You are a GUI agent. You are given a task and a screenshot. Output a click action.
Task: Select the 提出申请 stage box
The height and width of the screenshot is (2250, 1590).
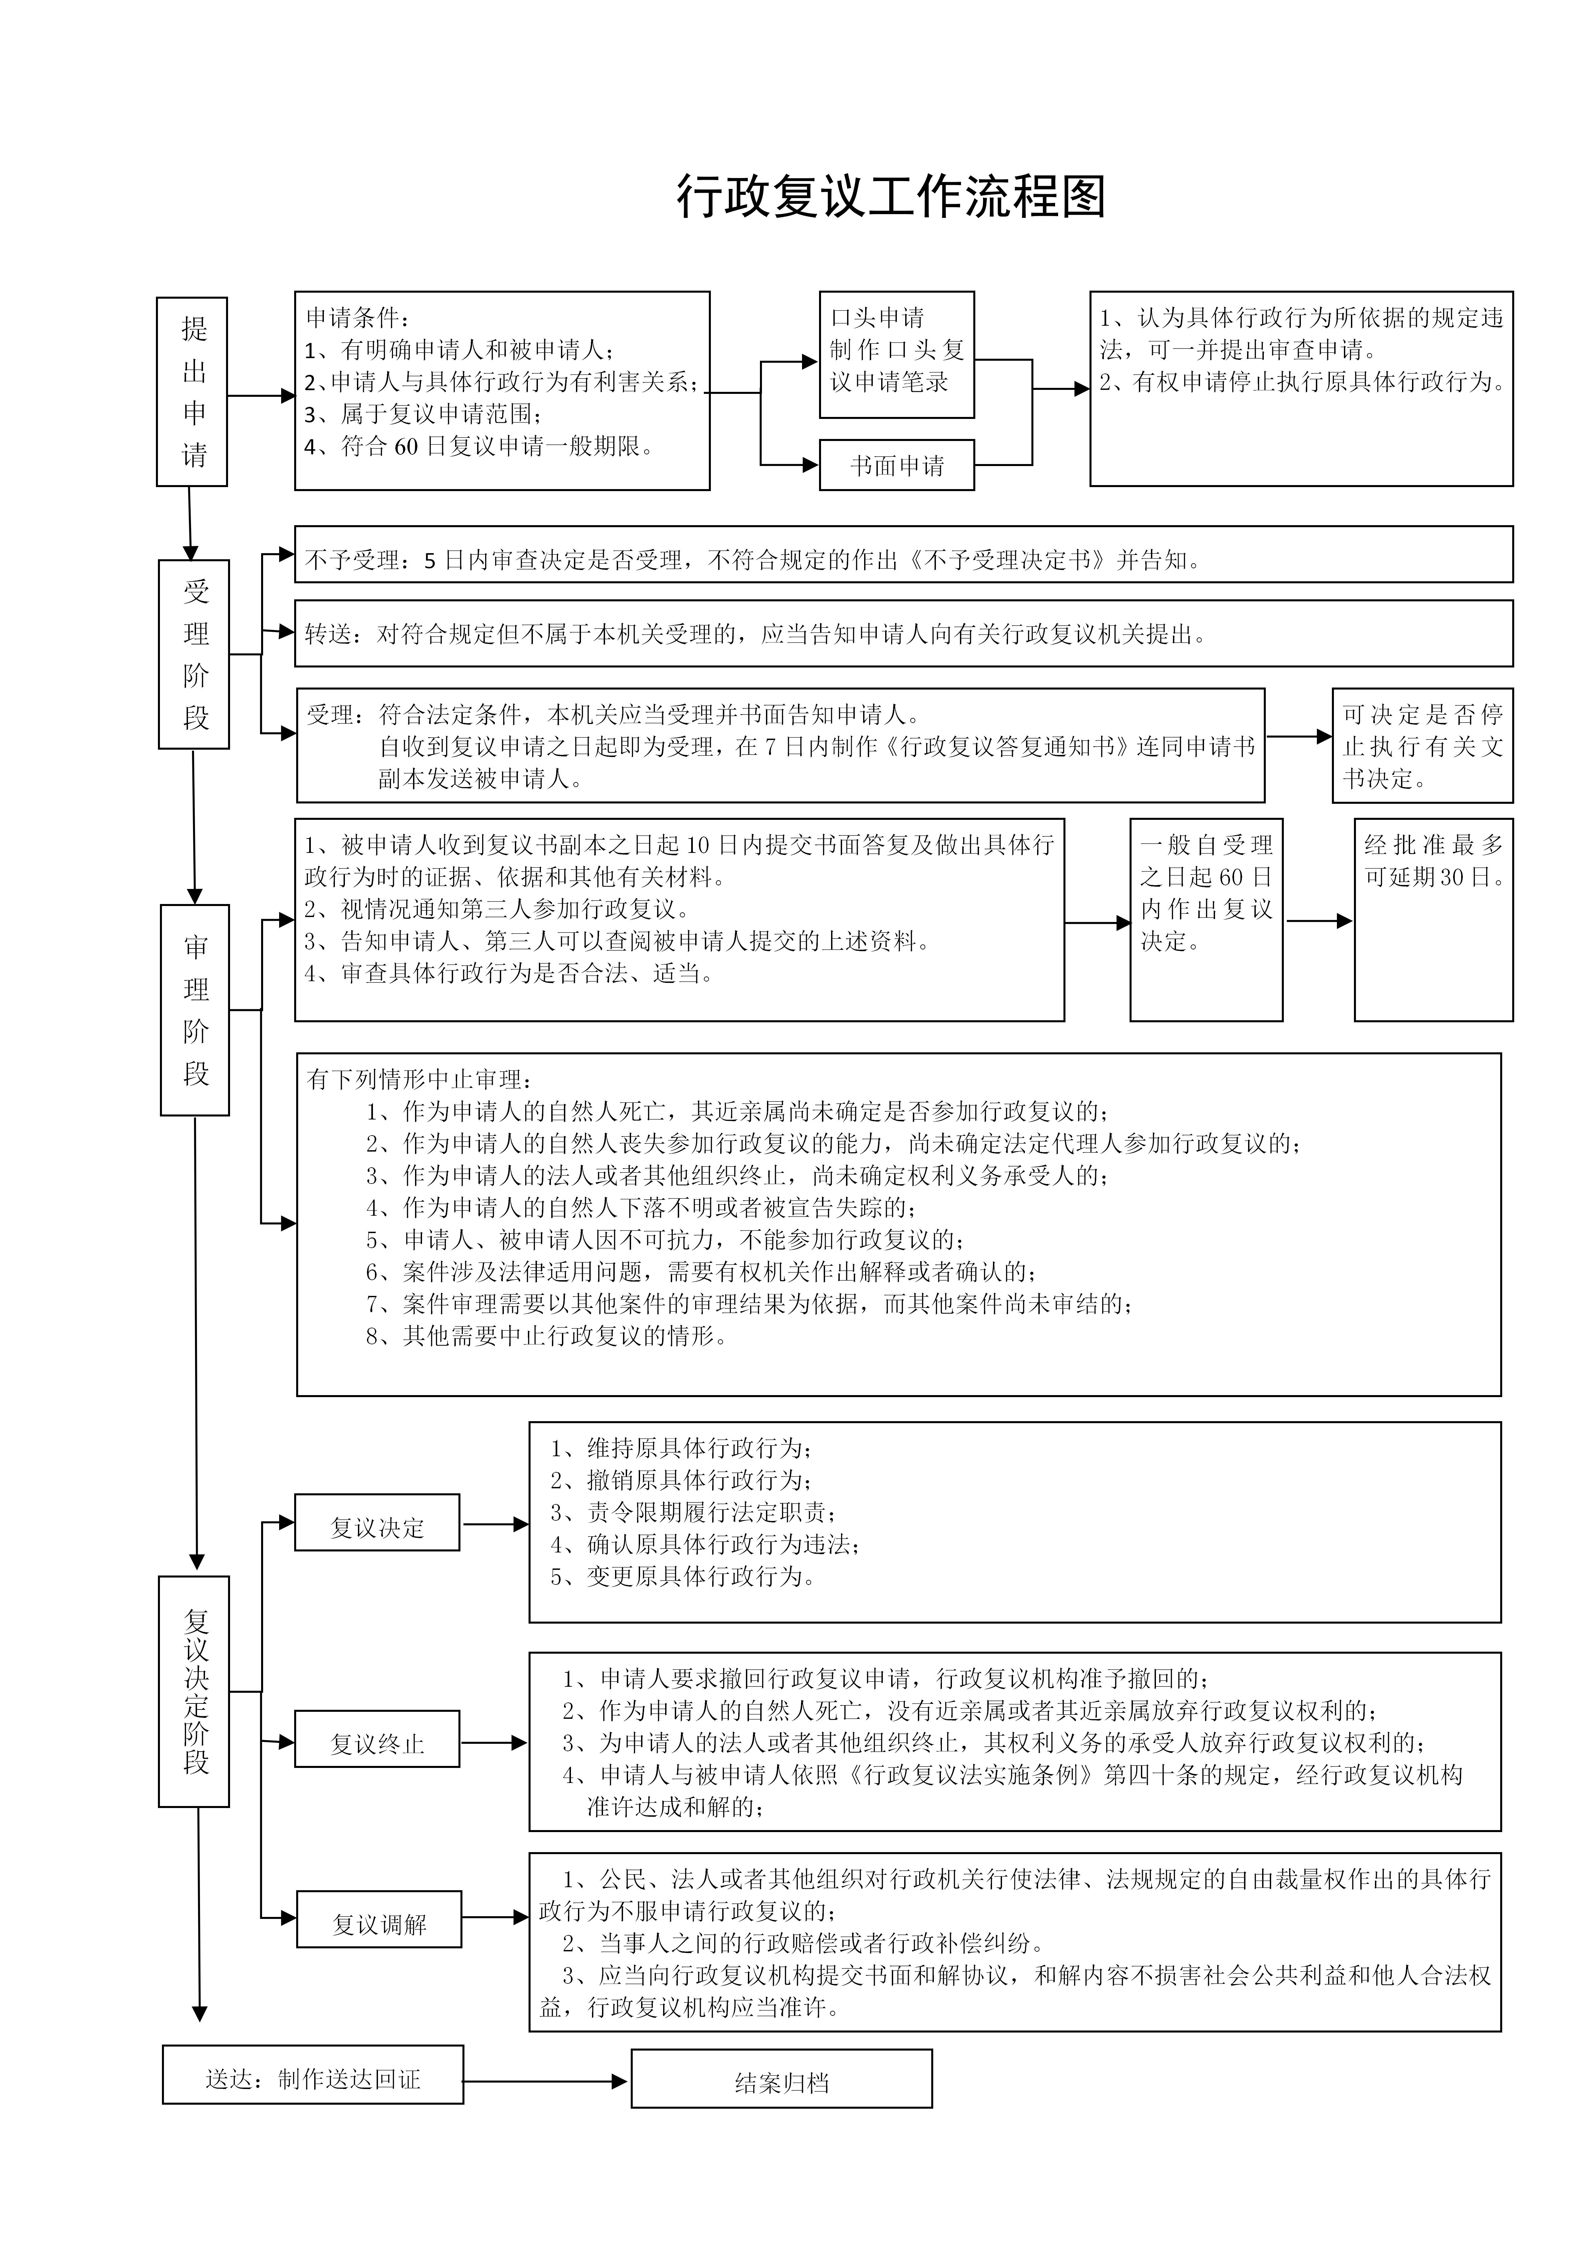click(x=192, y=392)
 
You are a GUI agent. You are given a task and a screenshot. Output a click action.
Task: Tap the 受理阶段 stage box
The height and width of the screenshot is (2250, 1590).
click(x=194, y=654)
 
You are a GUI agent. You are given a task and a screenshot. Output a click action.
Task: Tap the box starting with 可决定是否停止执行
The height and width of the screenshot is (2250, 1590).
click(x=1422, y=746)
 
